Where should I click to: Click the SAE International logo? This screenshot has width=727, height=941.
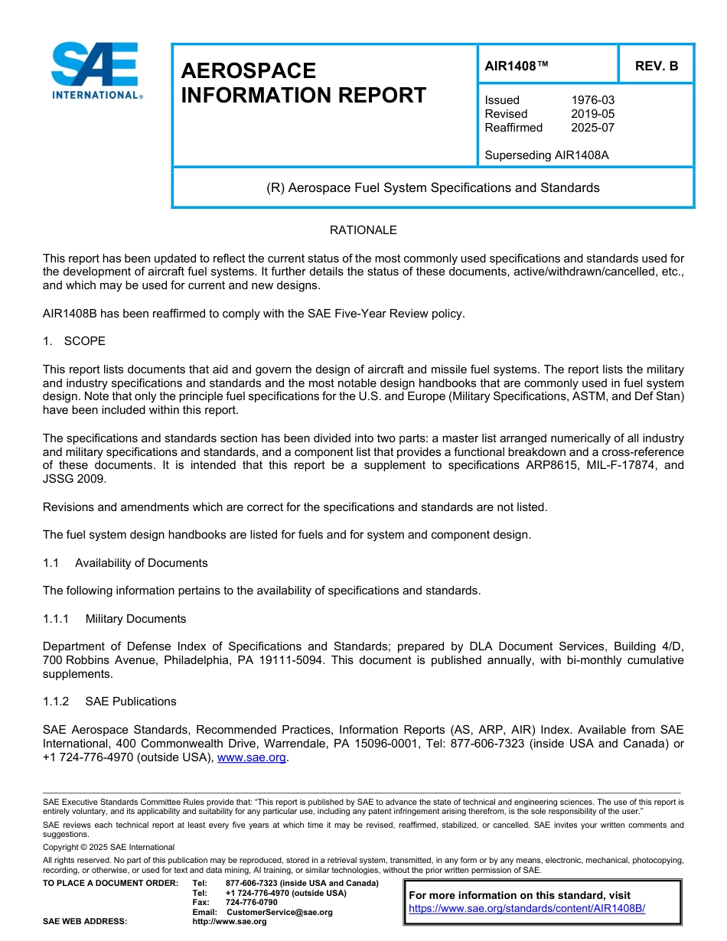click(95, 71)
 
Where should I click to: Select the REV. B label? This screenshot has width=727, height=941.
click(657, 66)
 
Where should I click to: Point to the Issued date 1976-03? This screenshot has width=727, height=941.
click(592, 100)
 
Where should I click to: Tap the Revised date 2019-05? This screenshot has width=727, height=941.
click(592, 114)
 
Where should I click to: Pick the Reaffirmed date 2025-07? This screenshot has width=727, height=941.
click(592, 128)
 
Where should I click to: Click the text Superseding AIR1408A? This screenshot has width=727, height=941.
click(546, 155)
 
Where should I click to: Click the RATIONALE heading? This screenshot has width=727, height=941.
click(363, 230)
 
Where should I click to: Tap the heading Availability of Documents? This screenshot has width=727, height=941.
click(141, 563)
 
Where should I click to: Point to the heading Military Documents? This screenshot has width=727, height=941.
click(135, 618)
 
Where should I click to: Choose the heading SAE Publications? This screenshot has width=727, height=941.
click(131, 702)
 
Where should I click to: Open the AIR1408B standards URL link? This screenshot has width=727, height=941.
click(527, 909)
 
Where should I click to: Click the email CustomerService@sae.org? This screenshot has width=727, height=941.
click(279, 912)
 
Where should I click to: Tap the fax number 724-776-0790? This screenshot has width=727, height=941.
click(252, 903)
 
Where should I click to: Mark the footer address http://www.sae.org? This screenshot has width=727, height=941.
click(229, 921)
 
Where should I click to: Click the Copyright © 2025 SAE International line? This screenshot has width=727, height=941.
click(109, 847)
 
